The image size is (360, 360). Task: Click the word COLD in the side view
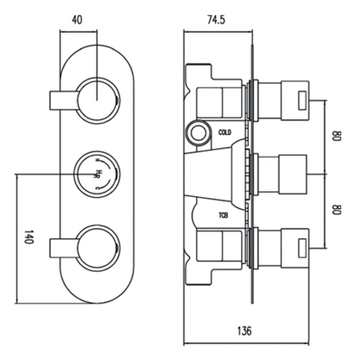click(225, 132)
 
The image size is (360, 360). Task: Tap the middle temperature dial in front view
click(99, 173)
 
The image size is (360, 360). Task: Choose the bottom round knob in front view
click(99, 246)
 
